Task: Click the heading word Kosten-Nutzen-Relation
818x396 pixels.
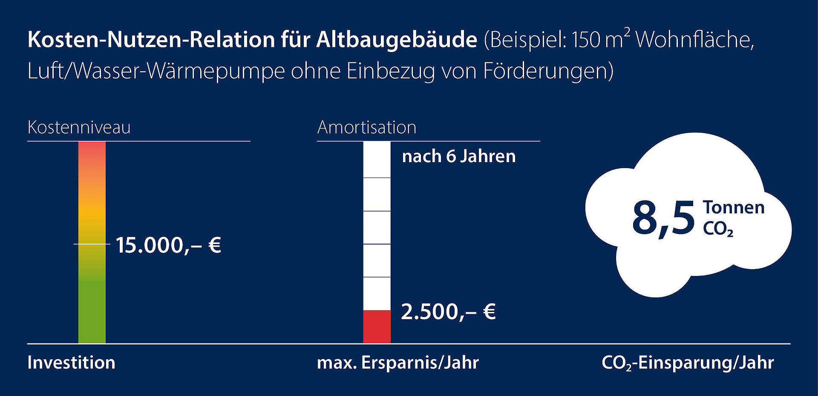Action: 151,40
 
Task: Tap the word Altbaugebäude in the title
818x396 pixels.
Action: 397,40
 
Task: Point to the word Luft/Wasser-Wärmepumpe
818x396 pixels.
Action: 156,71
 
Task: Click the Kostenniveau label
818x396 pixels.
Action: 79,127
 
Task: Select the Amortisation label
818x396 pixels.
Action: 367,127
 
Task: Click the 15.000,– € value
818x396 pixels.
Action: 168,245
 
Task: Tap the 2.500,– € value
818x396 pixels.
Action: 448,312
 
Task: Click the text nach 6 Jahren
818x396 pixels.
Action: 459,156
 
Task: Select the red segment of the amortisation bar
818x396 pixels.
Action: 377,326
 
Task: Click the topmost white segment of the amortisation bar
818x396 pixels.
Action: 377,160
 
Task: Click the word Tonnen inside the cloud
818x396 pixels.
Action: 734,207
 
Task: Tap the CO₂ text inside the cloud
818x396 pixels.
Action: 718,229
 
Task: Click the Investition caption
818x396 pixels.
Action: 71,363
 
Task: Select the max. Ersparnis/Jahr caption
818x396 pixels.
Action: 398,363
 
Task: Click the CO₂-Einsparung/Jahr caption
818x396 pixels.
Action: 688,363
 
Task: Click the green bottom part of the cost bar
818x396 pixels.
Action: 92,316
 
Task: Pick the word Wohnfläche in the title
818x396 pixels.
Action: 695,40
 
